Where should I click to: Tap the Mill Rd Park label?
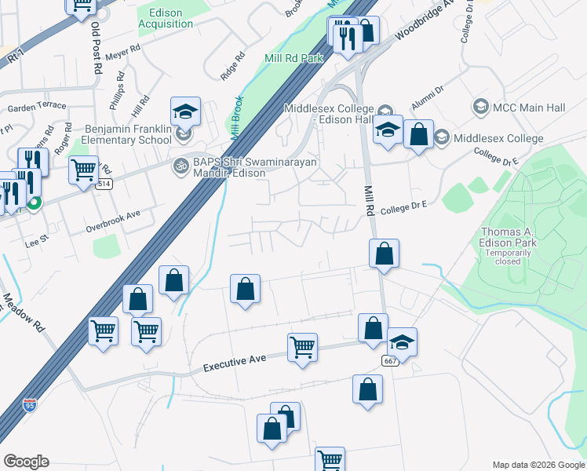pyautogui.click(x=293, y=57)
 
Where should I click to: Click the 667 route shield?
pyautogui.click(x=390, y=360)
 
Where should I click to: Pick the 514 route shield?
pyautogui.click(x=104, y=184)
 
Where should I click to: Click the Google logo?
pyautogui.click(x=26, y=462)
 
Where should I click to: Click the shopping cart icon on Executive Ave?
pyautogui.click(x=302, y=345)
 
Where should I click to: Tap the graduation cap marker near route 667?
pyautogui.click(x=402, y=341)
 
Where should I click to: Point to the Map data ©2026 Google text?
pyautogui.click(x=538, y=464)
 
